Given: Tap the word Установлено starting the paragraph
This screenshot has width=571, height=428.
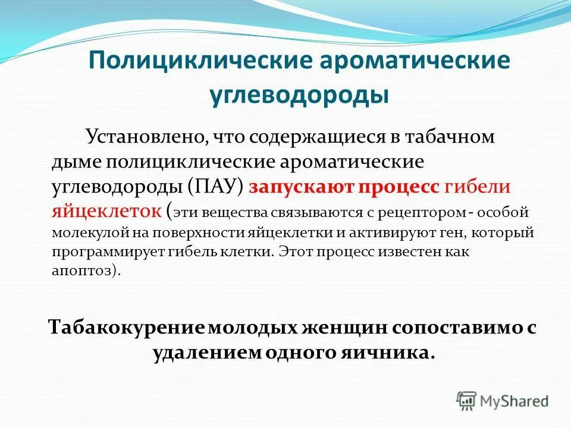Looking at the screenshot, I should (x=143, y=137).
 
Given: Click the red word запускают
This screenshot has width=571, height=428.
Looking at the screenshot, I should (x=301, y=187).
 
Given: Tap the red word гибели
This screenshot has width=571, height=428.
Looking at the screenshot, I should (x=477, y=187).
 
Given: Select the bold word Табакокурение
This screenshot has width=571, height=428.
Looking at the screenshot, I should (x=128, y=328).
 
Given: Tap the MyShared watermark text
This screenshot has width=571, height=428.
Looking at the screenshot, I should (x=514, y=401).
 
